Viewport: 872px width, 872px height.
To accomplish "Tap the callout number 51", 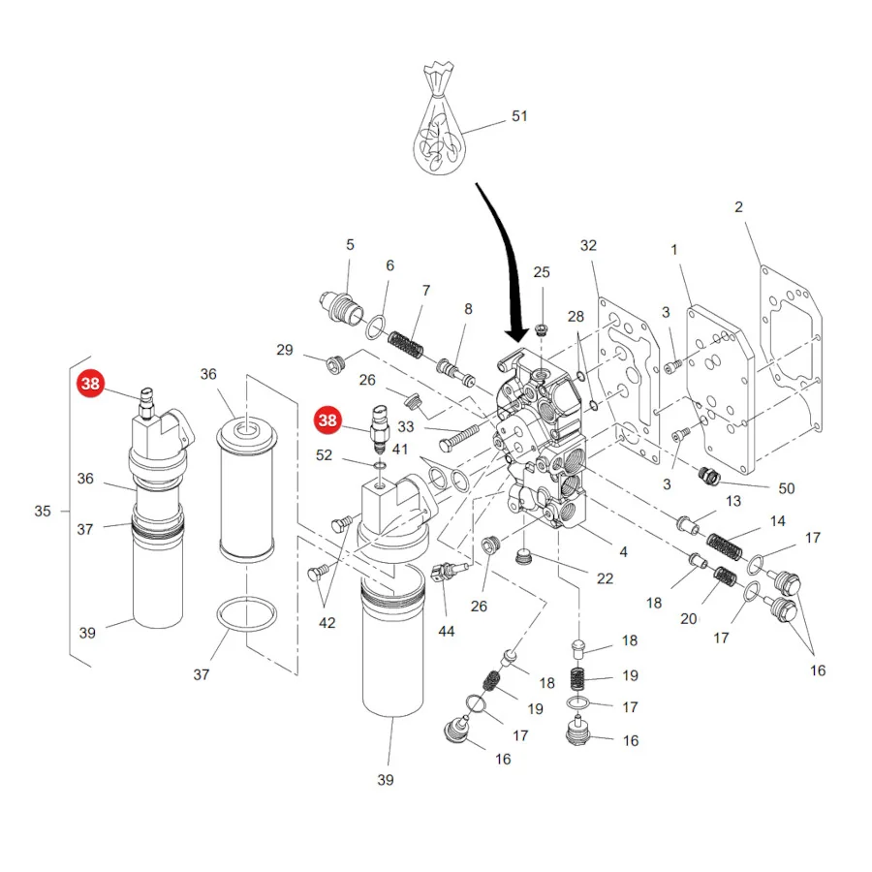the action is (519, 116).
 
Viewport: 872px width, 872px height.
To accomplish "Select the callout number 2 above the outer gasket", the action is (738, 207).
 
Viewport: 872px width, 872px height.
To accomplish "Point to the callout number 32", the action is (588, 246).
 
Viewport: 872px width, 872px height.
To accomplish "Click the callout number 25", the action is (542, 272).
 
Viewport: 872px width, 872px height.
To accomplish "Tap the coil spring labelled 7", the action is (405, 345).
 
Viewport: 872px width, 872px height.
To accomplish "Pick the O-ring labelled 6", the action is (375, 327).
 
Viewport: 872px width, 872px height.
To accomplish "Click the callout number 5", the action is (350, 245).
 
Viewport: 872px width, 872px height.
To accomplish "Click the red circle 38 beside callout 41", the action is (327, 420).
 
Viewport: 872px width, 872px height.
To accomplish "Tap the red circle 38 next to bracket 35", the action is (91, 383).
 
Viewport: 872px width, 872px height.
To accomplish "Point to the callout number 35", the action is (43, 511).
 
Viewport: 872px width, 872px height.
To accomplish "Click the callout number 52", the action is (324, 455).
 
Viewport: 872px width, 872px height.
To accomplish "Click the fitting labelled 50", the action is (709, 476).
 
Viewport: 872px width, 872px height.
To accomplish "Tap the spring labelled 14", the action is (724, 546).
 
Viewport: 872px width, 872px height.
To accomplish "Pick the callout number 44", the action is (447, 631).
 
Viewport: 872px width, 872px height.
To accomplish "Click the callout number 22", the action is (605, 579).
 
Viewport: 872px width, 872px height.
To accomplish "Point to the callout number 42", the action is (327, 623).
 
